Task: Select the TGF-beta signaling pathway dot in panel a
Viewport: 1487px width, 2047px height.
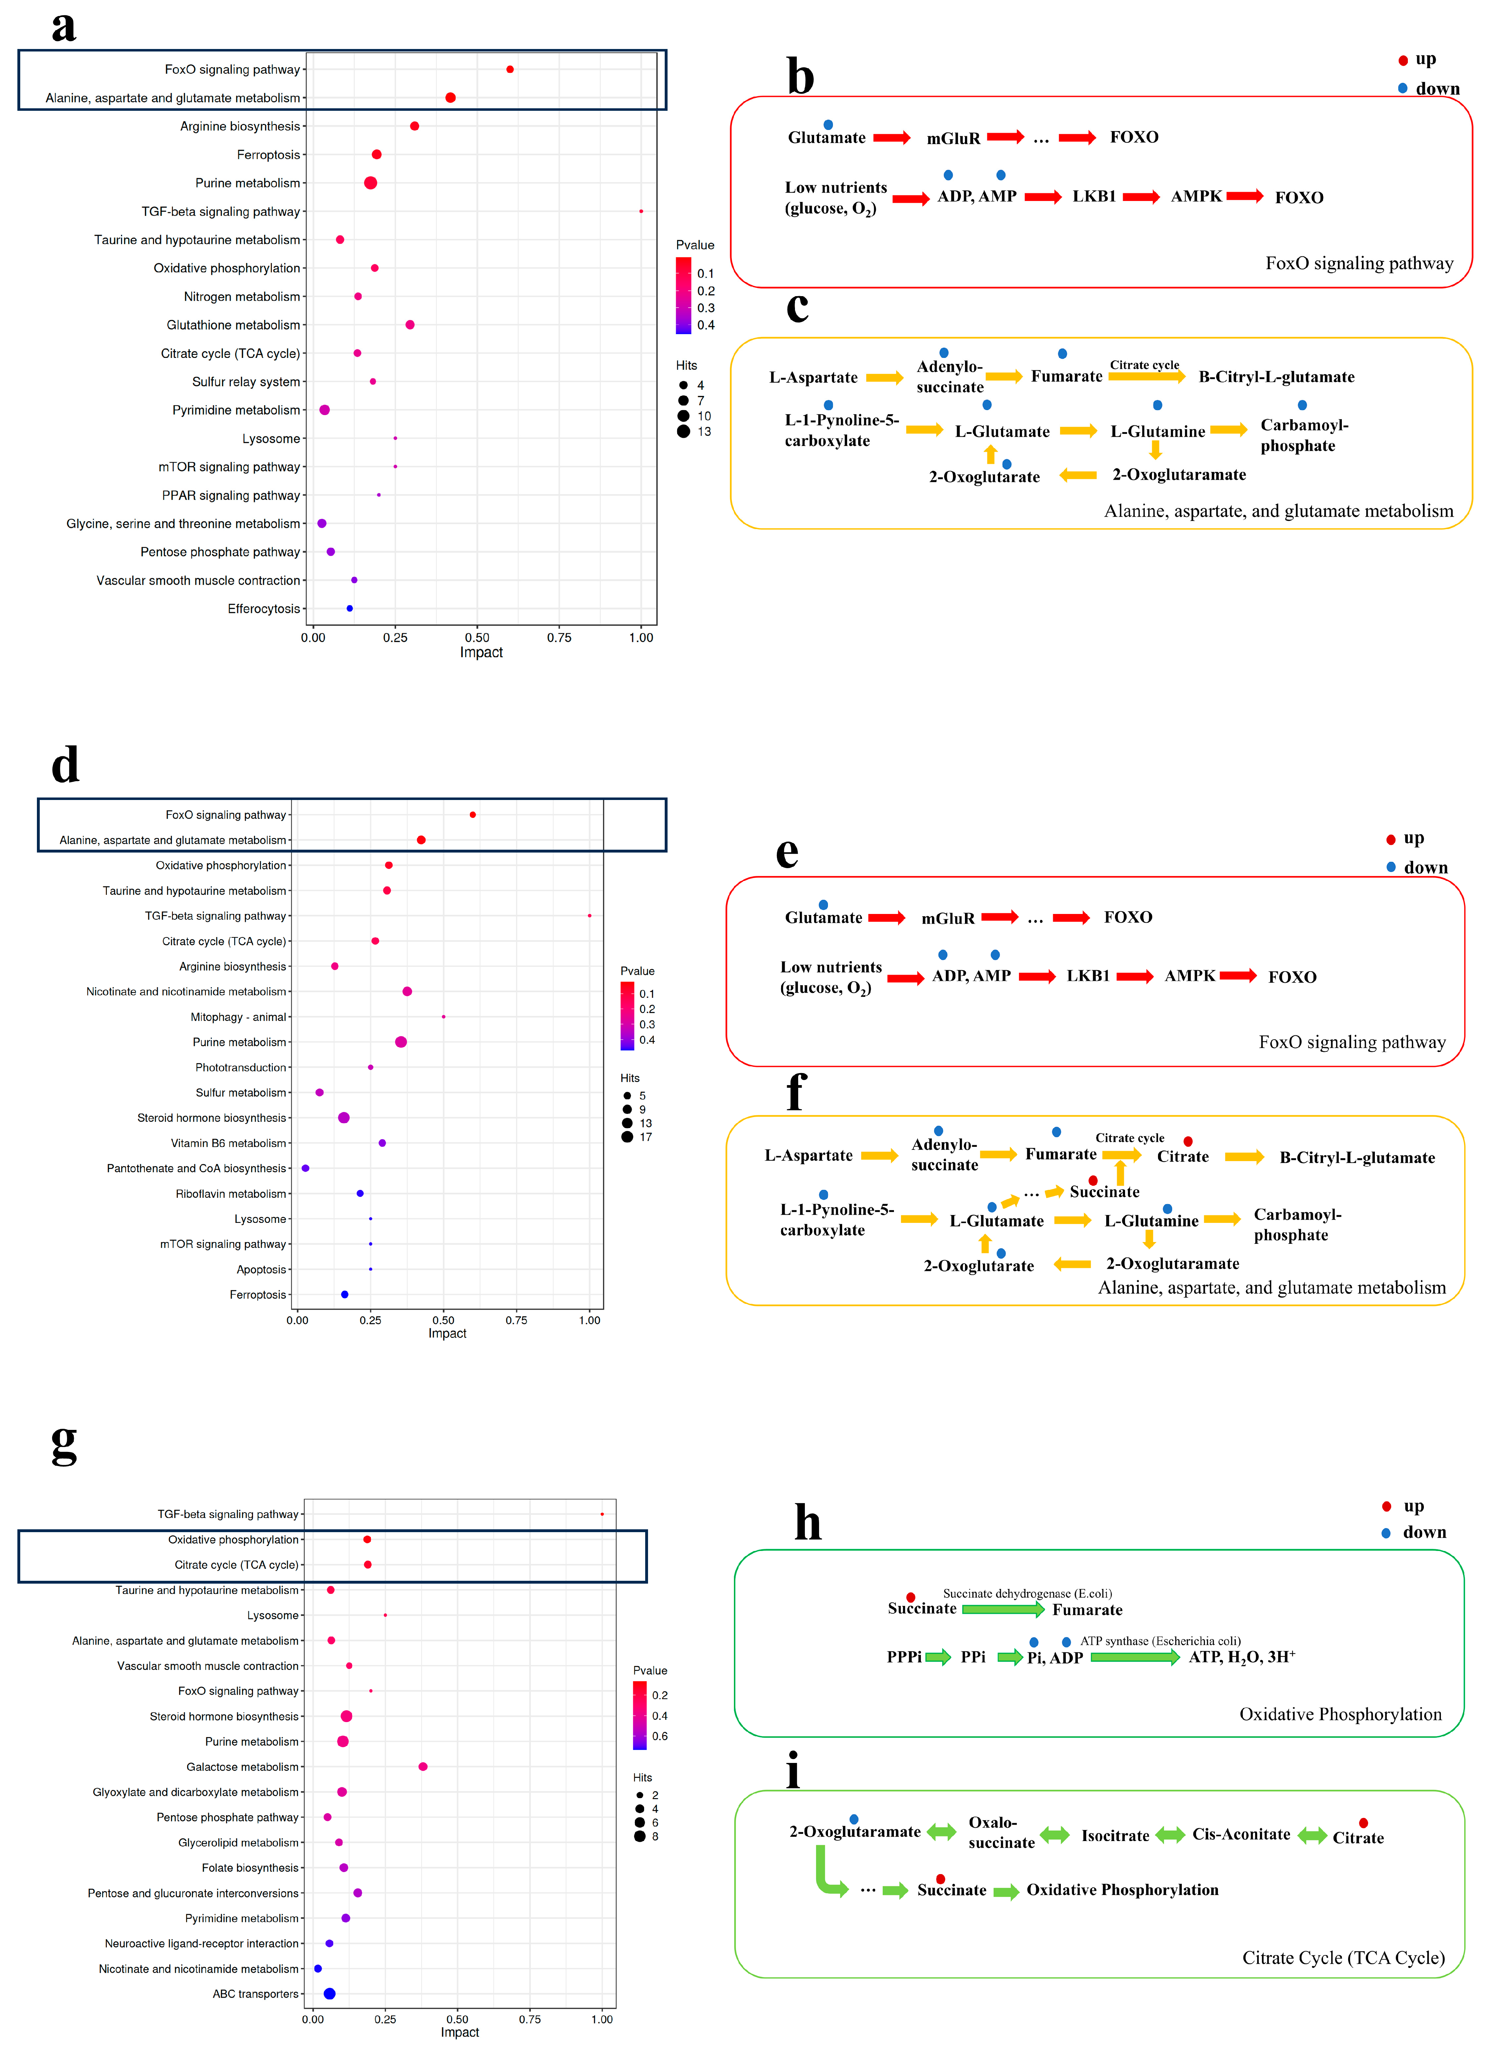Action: coord(641,211)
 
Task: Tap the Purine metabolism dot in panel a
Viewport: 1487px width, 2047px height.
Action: coord(370,183)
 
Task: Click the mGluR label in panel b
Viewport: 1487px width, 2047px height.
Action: coord(953,138)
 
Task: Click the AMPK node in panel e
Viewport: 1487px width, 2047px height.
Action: coord(1189,976)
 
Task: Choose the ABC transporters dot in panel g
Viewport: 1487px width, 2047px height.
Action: coord(329,1994)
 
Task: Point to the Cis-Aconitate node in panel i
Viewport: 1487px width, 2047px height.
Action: coord(1241,1834)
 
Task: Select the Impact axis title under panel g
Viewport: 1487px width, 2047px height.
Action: coord(459,2032)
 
